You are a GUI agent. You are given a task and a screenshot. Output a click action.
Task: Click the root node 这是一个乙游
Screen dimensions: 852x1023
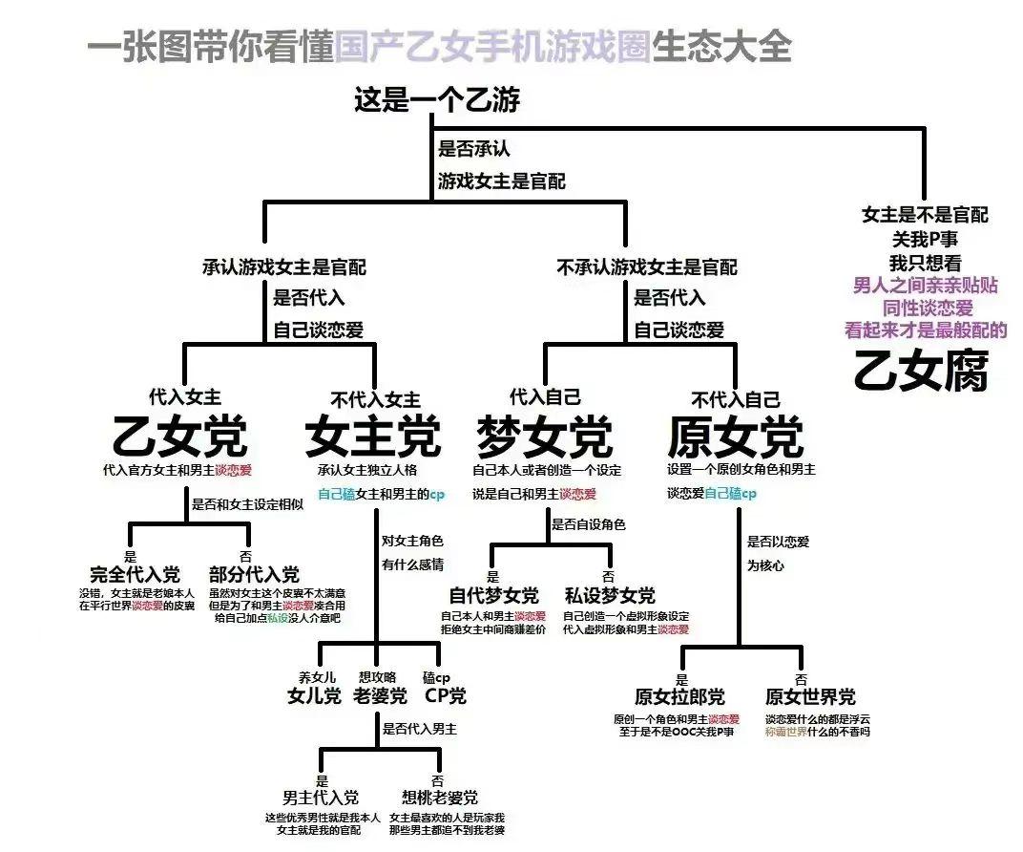coord(437,99)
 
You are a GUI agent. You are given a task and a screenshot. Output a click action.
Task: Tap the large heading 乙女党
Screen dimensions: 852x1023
coord(180,437)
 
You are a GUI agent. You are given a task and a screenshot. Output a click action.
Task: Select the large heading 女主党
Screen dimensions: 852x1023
coord(373,437)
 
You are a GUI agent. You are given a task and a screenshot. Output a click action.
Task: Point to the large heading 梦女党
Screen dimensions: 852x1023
coord(544,437)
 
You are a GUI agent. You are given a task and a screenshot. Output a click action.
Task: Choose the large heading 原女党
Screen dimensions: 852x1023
coord(735,437)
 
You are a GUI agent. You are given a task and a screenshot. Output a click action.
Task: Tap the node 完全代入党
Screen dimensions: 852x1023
coord(135,574)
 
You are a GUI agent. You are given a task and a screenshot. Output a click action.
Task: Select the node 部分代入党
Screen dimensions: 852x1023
coord(254,574)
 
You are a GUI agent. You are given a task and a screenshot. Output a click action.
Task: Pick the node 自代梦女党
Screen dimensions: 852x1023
coord(493,595)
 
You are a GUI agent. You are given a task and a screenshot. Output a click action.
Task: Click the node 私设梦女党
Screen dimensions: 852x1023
coord(610,595)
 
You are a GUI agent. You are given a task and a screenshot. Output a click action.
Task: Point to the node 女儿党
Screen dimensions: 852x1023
coord(314,695)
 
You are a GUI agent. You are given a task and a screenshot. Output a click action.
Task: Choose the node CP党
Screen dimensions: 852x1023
coord(445,695)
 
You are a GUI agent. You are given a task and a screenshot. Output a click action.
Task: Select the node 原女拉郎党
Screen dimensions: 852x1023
coord(679,696)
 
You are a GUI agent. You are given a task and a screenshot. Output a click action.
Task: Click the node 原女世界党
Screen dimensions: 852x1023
coord(810,696)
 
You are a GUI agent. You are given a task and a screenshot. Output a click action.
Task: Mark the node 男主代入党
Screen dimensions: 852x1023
coord(321,797)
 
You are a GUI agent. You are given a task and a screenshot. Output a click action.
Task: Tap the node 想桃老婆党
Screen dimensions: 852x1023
coord(440,797)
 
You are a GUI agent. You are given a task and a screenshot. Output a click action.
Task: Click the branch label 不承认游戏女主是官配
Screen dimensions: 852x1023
coord(646,267)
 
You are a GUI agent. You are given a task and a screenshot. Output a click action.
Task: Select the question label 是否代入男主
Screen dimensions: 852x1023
coord(420,729)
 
